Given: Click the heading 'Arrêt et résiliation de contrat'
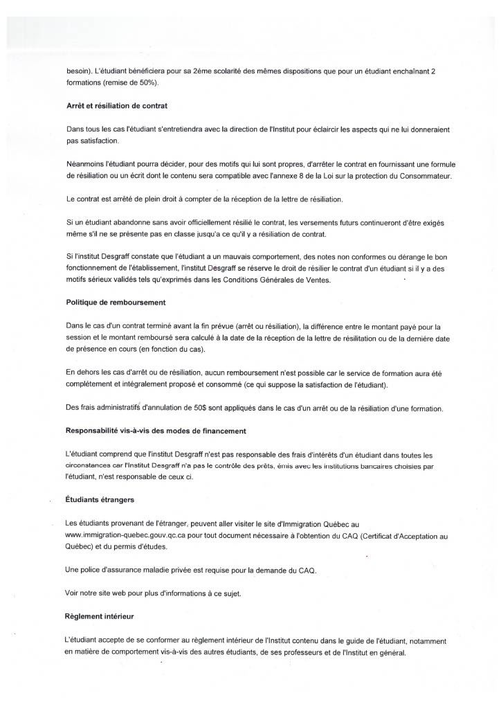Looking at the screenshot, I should [117, 106].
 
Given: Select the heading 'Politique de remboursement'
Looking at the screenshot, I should [116, 303].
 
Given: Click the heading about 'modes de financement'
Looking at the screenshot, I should [156, 431].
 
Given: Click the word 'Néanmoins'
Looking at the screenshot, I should [87, 164].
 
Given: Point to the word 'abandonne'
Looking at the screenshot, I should [130, 222].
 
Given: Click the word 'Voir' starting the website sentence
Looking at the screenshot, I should [73, 592].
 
